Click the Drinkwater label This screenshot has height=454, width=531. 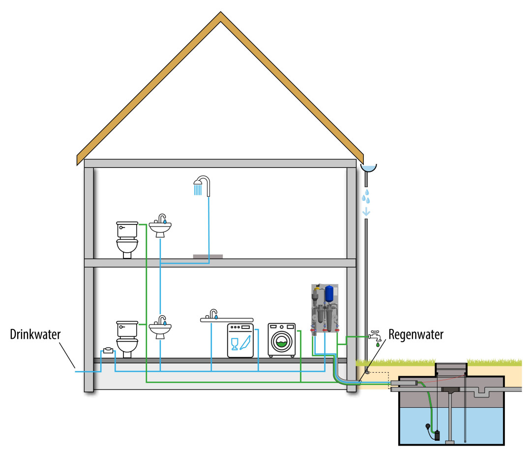[35, 334]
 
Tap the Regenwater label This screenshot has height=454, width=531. [415, 334]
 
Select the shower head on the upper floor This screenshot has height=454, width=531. [199, 186]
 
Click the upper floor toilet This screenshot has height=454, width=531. [127, 239]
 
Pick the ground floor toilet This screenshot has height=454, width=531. [127, 338]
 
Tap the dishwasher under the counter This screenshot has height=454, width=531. [240, 340]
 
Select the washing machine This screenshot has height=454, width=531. [282, 340]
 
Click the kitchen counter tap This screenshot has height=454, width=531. [213, 314]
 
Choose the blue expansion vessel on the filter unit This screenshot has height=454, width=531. [328, 294]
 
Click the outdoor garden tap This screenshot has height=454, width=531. [375, 335]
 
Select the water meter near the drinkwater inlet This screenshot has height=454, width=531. [109, 350]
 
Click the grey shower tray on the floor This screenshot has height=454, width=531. [207, 256]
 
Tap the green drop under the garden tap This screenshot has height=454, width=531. [378, 345]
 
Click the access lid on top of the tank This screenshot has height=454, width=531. [451, 365]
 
